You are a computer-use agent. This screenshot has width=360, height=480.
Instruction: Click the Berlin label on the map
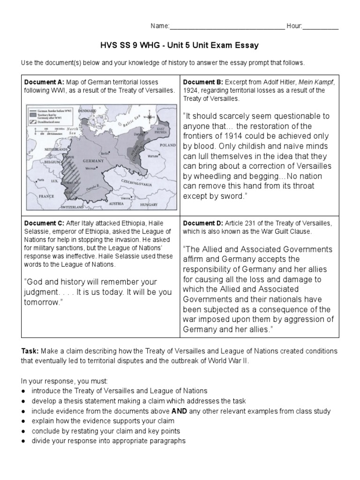(105, 153)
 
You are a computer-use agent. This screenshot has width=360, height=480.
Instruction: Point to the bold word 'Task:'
(30, 351)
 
